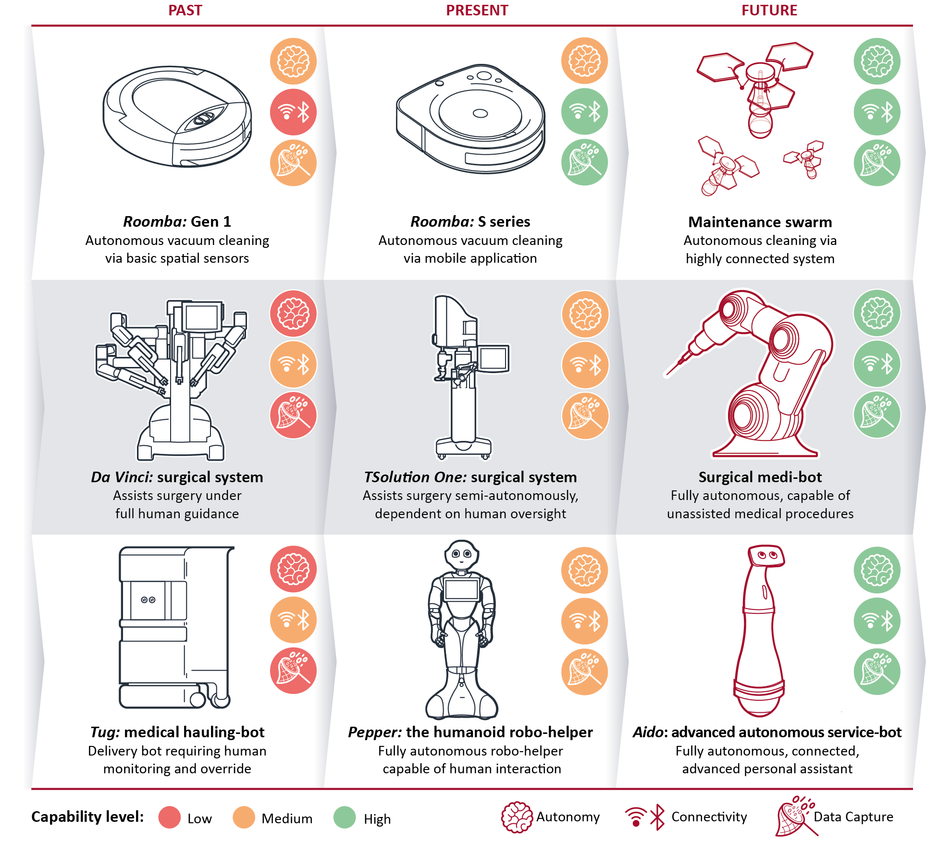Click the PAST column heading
[x=185, y=11]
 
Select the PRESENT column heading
[x=477, y=11]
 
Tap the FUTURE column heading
[x=769, y=11]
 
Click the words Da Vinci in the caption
[x=122, y=477]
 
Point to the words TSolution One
[x=415, y=477]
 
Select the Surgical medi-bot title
[x=760, y=477]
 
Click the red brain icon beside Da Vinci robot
[x=293, y=314]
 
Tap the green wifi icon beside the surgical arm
[x=877, y=364]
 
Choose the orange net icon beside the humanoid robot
[x=585, y=671]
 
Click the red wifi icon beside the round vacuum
[x=293, y=112]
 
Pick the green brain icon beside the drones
[x=877, y=61]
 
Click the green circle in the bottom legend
[x=345, y=817]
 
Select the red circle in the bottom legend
[x=170, y=817]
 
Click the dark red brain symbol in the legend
[x=517, y=817]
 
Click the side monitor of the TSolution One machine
[x=494, y=358]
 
